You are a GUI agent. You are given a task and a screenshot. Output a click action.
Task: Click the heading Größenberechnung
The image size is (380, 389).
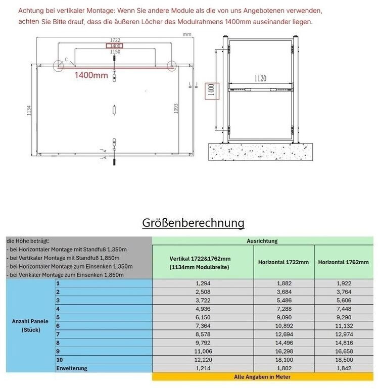coord(194,223)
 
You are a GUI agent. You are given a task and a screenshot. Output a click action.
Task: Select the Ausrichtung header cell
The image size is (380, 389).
coord(262,241)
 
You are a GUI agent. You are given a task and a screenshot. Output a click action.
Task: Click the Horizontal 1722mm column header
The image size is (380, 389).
coord(283,262)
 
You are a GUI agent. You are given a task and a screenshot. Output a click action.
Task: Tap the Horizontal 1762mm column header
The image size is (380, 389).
coord(344,262)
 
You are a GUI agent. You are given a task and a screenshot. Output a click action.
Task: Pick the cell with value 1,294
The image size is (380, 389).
coord(203,283)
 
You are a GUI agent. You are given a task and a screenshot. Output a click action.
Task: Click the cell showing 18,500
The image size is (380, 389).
coord(344,360)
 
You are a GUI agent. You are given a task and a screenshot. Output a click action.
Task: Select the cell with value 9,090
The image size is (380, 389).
coord(283,317)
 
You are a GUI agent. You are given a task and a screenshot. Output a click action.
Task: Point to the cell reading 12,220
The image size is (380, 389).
coord(203,360)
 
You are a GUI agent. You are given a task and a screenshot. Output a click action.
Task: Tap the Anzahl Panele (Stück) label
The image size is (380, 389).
coord(31,325)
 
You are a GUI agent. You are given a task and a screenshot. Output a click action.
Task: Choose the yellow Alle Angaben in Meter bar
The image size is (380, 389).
coord(262,377)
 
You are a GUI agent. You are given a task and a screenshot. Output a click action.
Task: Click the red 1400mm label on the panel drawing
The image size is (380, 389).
coord(91,75)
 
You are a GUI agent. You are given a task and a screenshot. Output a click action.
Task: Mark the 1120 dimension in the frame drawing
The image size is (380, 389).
coord(261,78)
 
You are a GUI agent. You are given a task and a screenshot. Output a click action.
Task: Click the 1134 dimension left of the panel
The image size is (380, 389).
coord(29,109)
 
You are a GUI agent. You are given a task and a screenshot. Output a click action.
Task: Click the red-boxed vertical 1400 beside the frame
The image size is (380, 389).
coord(211,90)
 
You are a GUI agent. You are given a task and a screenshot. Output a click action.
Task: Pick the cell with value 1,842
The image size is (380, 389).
coord(344,368)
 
